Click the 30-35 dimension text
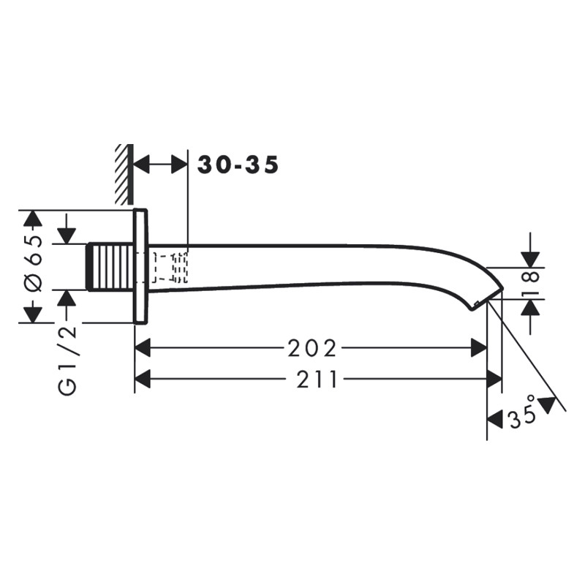pyautogui.click(x=238, y=165)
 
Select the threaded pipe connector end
pyautogui.click(x=110, y=268)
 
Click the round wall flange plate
pyautogui.click(x=140, y=267)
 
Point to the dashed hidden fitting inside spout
pyautogui.click(x=171, y=267)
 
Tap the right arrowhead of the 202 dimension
pyautogui.click(x=479, y=349)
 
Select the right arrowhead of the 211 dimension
pyautogui.click(x=494, y=379)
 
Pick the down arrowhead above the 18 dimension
pyautogui.click(x=531, y=260)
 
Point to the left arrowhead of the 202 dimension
pyautogui.click(x=143, y=349)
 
